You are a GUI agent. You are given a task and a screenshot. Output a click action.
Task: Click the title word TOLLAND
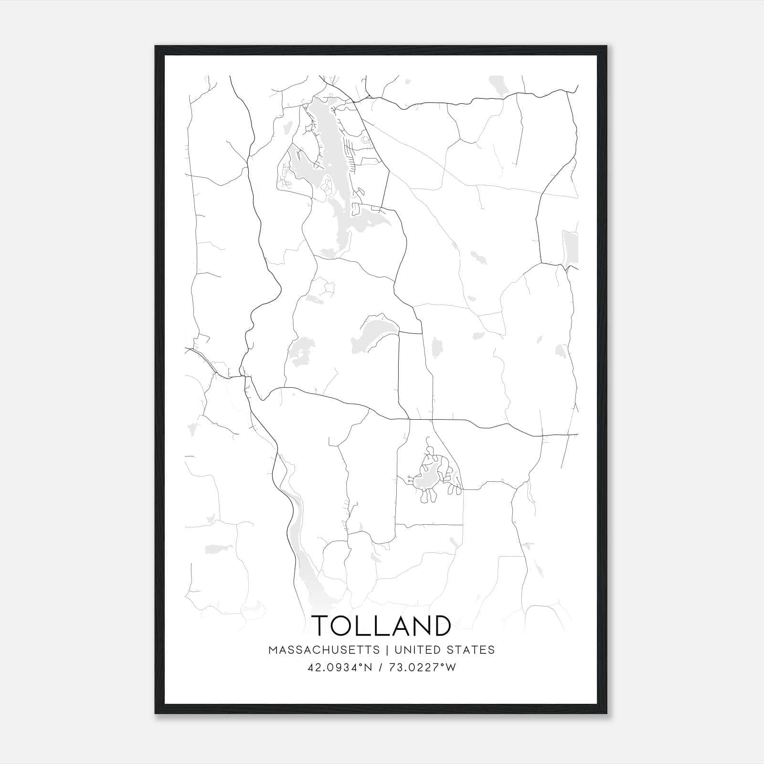click(x=382, y=626)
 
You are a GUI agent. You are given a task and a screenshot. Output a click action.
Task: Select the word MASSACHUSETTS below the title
click(x=324, y=650)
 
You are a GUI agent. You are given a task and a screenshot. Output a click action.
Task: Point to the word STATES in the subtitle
click(x=471, y=650)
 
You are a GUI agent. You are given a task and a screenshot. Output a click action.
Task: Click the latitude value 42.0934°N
click(x=340, y=668)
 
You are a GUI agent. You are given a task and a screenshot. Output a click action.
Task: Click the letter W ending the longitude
click(x=450, y=668)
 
